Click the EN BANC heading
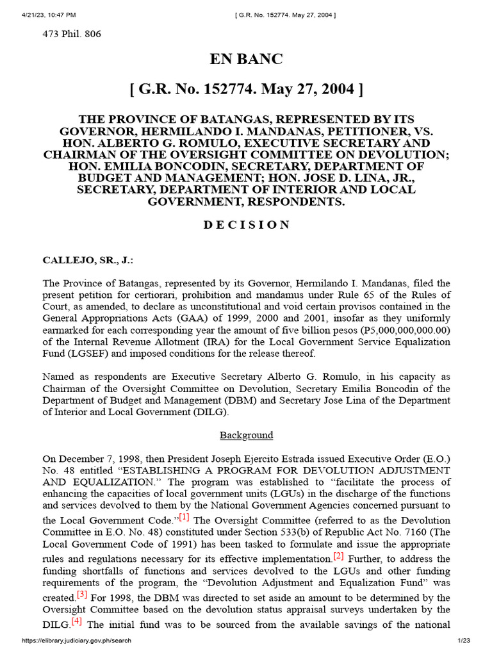click(x=246, y=60)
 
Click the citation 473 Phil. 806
click(x=72, y=34)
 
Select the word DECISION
click(x=246, y=225)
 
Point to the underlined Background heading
click(x=246, y=435)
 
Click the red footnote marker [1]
click(x=184, y=517)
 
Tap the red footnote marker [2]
click(x=338, y=555)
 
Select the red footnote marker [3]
click(x=82, y=593)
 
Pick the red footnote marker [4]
click(x=77, y=621)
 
